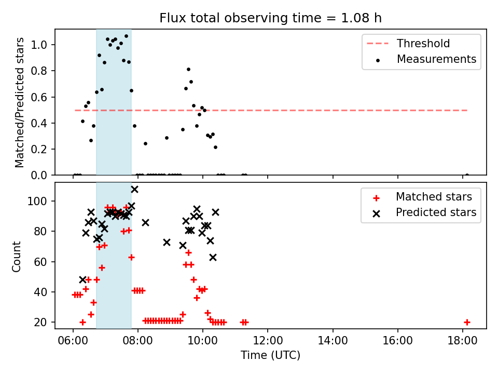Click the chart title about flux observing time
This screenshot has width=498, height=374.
tap(271, 18)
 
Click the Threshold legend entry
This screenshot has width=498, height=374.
tap(408, 43)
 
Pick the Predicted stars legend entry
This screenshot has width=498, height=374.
tap(424, 212)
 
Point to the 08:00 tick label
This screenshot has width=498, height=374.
tap(138, 341)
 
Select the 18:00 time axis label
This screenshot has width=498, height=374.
tap(462, 341)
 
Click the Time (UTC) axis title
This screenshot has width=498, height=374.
tap(271, 355)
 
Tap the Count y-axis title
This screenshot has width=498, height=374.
tap(16, 257)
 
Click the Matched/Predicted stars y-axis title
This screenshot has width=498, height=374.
tap(19, 102)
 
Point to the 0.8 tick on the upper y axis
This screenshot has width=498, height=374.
tap(39, 71)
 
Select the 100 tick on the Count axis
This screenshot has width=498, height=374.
tap(37, 202)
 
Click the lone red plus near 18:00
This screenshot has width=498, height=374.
tap(467, 322)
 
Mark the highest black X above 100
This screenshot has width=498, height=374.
tap(135, 190)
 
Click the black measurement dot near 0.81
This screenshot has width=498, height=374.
tap(188, 69)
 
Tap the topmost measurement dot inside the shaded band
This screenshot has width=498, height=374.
tap(126, 36)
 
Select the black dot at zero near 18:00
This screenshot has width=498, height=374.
tap(467, 175)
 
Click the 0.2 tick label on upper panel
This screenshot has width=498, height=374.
tap(39, 149)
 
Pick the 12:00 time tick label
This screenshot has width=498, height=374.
tap(268, 341)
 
